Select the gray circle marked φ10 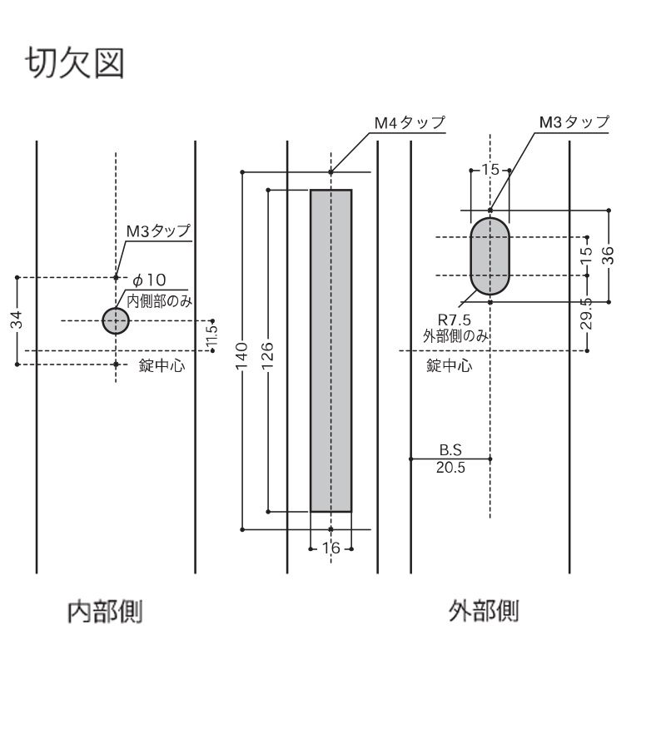click(x=116, y=320)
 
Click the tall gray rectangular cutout click(x=331, y=350)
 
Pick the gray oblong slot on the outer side click(x=490, y=256)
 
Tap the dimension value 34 click(x=17, y=320)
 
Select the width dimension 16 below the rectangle click(x=331, y=548)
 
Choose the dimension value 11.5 click(x=213, y=335)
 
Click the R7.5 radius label click(x=454, y=320)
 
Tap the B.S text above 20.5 click(x=450, y=450)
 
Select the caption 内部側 click(x=105, y=613)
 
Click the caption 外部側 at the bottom click(x=484, y=613)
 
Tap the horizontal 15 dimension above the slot click(x=490, y=170)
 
